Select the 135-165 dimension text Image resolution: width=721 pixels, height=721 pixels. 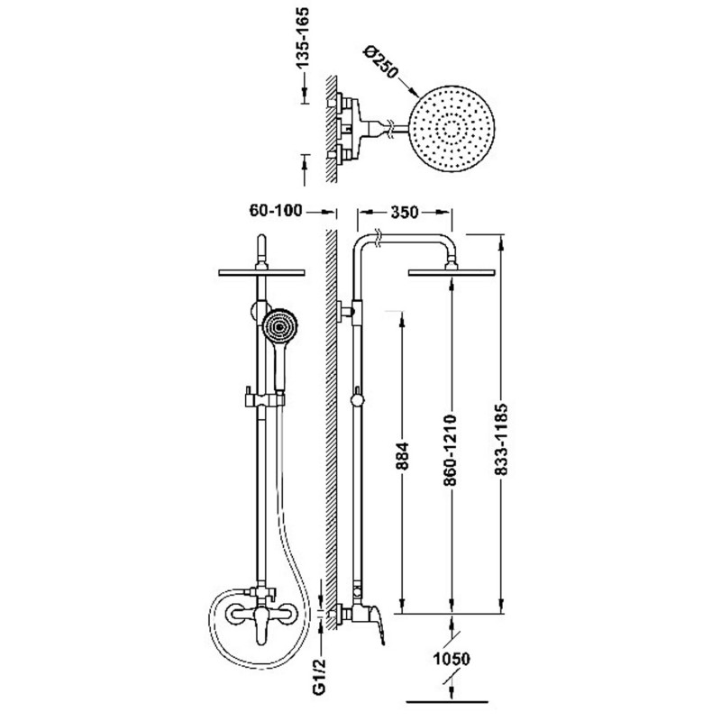(x=303, y=39)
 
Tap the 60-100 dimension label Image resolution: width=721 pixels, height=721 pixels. (x=276, y=211)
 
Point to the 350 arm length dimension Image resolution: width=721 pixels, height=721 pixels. (x=404, y=212)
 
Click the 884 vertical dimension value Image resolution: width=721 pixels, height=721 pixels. (x=402, y=456)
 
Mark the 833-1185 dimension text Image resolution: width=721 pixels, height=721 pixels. (x=501, y=439)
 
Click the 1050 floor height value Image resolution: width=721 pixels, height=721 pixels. (x=452, y=659)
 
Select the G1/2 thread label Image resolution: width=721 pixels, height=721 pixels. (x=321, y=676)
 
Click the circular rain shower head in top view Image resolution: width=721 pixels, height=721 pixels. (x=452, y=130)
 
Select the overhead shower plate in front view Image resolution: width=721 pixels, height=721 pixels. (x=261, y=272)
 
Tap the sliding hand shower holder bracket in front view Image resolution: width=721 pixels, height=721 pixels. (x=264, y=398)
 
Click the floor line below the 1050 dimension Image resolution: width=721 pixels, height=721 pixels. (x=447, y=703)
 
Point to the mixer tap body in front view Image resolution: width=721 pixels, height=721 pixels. (x=260, y=615)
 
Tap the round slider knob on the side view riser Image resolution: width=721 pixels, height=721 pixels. (x=356, y=400)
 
